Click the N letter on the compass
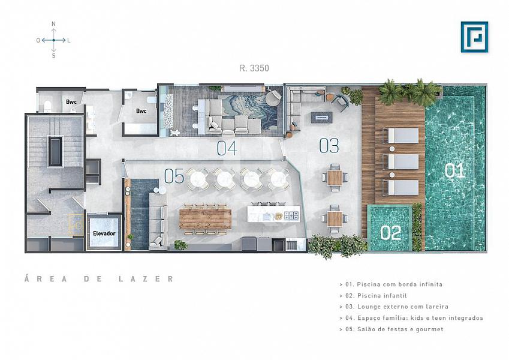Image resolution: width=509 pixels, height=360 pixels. [53, 24]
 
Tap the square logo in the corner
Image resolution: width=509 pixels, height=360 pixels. [474, 37]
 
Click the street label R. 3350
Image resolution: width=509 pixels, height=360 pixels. [254, 68]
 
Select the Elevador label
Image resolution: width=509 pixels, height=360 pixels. [104, 233]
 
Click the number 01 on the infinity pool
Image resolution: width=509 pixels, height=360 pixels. [454, 170]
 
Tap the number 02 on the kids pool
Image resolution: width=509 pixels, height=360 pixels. [390, 233]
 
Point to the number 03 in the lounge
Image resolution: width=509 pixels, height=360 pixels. [329, 146]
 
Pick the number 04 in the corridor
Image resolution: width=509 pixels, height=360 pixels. [227, 148]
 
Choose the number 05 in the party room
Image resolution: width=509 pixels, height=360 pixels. [174, 176]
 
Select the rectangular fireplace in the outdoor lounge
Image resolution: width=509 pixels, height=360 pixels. [322, 117]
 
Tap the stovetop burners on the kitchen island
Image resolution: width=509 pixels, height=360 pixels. [291, 215]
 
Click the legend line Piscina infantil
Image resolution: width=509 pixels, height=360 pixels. [373, 296]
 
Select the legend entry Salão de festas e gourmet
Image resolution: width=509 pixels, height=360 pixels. [391, 329]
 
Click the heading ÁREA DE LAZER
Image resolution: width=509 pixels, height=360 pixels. [99, 279]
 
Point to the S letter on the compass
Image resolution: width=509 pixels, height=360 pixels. [53, 56]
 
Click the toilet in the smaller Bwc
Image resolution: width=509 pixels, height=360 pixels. [48, 106]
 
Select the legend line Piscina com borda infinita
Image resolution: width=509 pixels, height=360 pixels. [391, 284]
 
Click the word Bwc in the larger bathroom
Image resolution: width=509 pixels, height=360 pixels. [141, 111]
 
